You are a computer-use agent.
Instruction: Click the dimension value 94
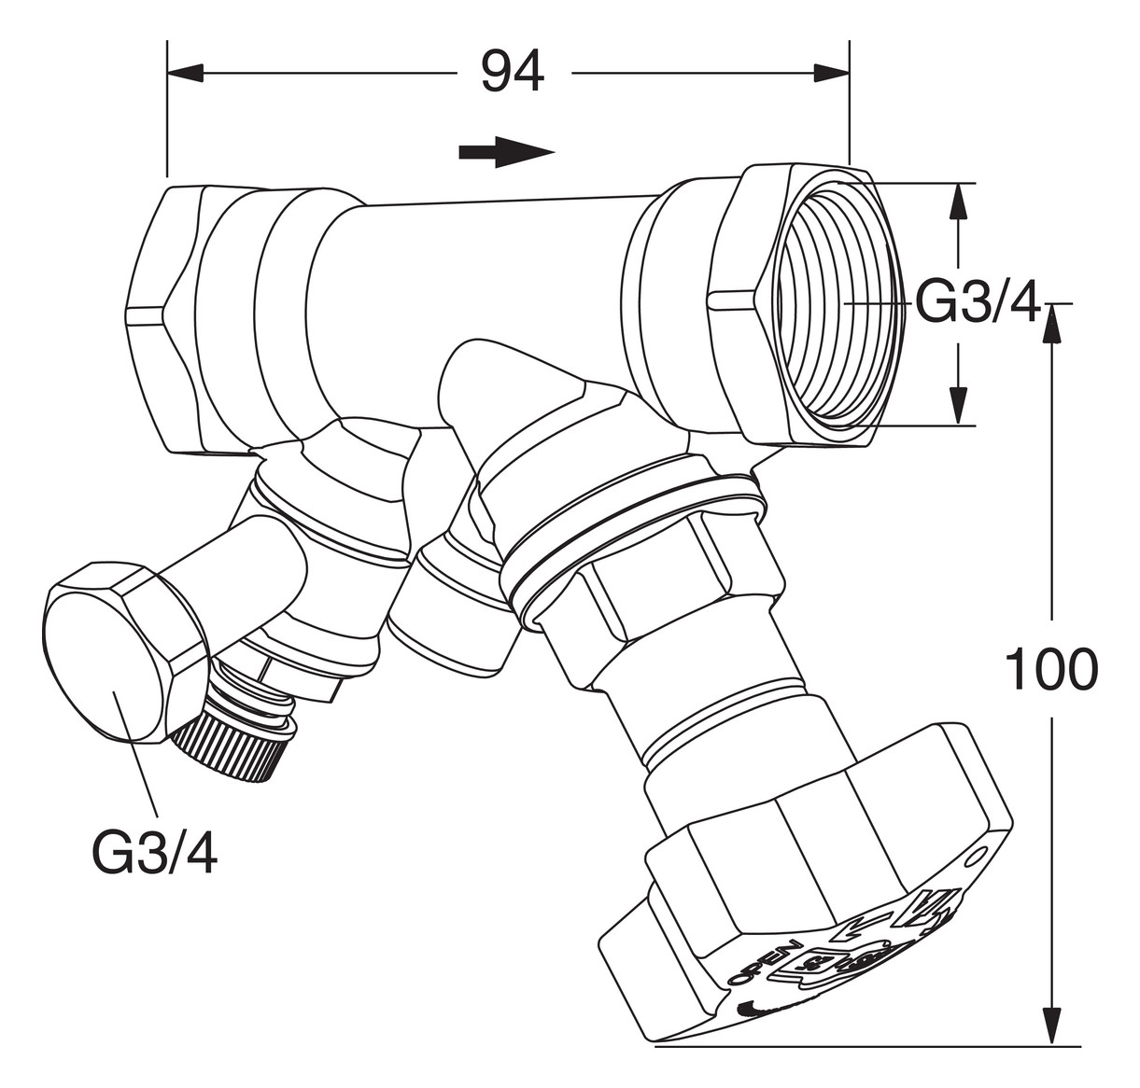(x=512, y=72)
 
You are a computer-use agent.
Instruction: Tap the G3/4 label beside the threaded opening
(x=977, y=303)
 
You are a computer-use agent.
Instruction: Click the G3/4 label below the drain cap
(x=155, y=852)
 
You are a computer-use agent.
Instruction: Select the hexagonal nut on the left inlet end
(x=161, y=317)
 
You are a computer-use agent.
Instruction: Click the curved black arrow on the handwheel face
(x=761, y=1011)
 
